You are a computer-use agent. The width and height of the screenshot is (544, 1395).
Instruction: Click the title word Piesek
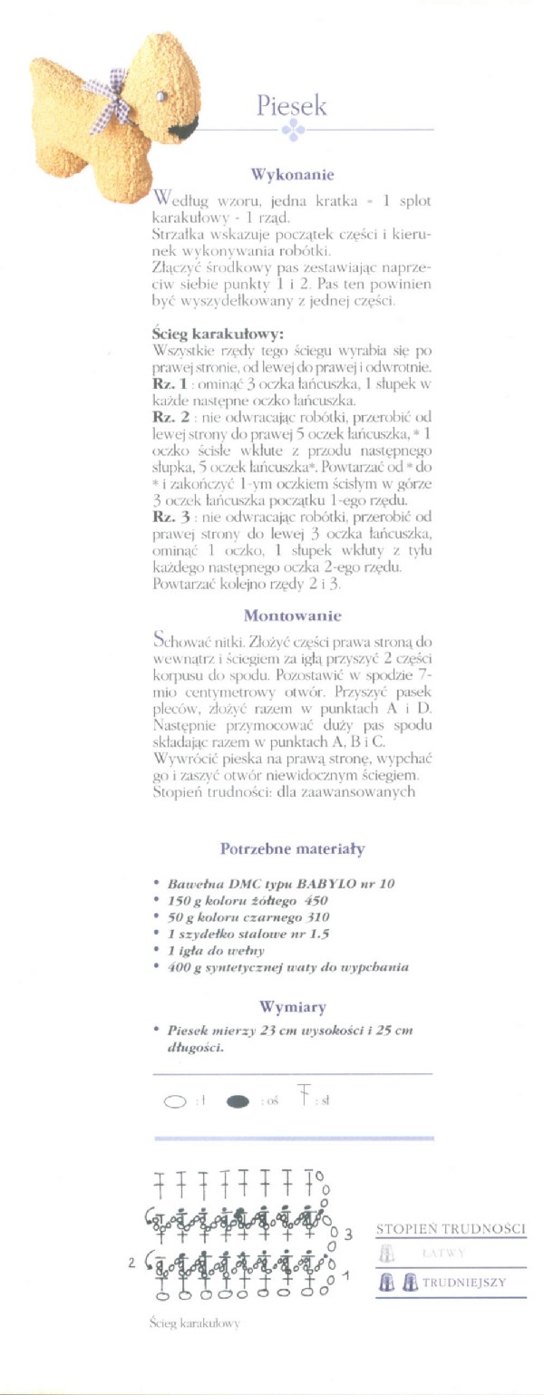click(291, 107)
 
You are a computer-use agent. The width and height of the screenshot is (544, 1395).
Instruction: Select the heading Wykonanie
click(292, 175)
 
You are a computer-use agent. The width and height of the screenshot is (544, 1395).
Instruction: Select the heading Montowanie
click(292, 616)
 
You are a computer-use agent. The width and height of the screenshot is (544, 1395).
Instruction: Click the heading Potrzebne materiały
click(292, 849)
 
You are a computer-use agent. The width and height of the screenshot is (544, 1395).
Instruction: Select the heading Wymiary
click(292, 1006)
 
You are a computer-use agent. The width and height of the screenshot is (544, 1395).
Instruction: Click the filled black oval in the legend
click(238, 1101)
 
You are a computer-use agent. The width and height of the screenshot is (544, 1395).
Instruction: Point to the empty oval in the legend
click(174, 1102)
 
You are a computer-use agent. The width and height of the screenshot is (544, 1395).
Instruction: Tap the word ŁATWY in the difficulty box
click(443, 1253)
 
